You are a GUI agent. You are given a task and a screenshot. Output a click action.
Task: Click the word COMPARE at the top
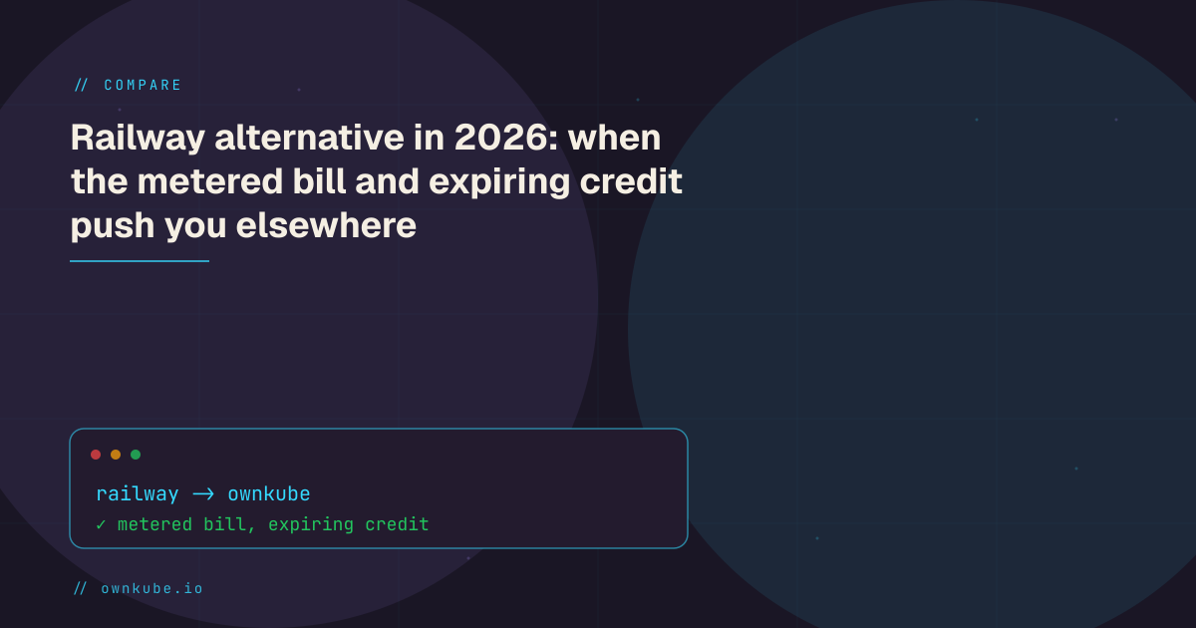(x=143, y=85)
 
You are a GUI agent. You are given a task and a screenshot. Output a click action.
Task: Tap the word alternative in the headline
(x=310, y=138)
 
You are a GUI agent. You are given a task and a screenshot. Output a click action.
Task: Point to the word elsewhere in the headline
(x=326, y=225)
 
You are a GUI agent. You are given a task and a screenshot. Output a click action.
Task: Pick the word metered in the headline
(x=210, y=181)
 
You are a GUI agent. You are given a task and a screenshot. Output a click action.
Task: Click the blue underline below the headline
(x=140, y=261)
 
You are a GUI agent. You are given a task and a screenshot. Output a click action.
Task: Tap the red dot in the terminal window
(x=96, y=455)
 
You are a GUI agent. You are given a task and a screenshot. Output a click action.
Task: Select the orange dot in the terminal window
(x=116, y=455)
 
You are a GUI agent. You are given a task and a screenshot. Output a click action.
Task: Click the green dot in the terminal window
(x=136, y=455)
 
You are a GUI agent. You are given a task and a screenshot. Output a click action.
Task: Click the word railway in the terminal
(x=138, y=494)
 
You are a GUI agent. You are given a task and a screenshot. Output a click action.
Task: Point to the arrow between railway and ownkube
(x=203, y=494)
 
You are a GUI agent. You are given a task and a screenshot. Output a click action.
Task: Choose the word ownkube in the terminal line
(x=269, y=494)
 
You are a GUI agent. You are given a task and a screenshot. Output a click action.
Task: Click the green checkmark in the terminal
(x=101, y=525)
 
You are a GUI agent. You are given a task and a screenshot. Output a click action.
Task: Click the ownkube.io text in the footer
(x=152, y=588)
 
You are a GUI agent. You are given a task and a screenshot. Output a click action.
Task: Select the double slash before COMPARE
(x=81, y=85)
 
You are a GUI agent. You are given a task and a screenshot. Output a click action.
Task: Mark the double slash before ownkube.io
(x=80, y=588)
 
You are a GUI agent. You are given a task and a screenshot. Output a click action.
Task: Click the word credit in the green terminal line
(x=397, y=524)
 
